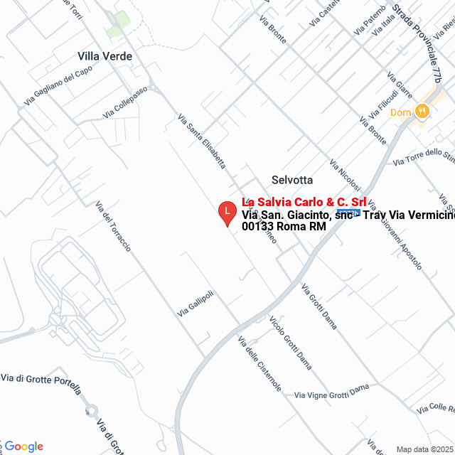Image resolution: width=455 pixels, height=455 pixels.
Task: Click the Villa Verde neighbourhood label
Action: point(105,55)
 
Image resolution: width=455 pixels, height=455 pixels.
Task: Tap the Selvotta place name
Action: point(291,180)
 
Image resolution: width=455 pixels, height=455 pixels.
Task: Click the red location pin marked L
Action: point(227,213)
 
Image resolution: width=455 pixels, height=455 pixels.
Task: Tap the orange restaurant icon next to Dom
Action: point(422,112)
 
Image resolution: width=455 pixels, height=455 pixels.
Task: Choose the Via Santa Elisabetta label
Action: point(201,142)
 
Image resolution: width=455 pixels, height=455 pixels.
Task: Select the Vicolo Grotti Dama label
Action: point(290,337)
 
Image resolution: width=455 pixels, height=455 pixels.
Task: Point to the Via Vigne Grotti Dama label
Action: point(331,391)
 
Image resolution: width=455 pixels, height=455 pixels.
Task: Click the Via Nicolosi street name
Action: point(350,183)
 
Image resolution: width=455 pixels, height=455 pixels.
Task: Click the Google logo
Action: point(24,446)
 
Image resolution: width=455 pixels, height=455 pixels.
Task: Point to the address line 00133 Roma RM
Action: point(284,226)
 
